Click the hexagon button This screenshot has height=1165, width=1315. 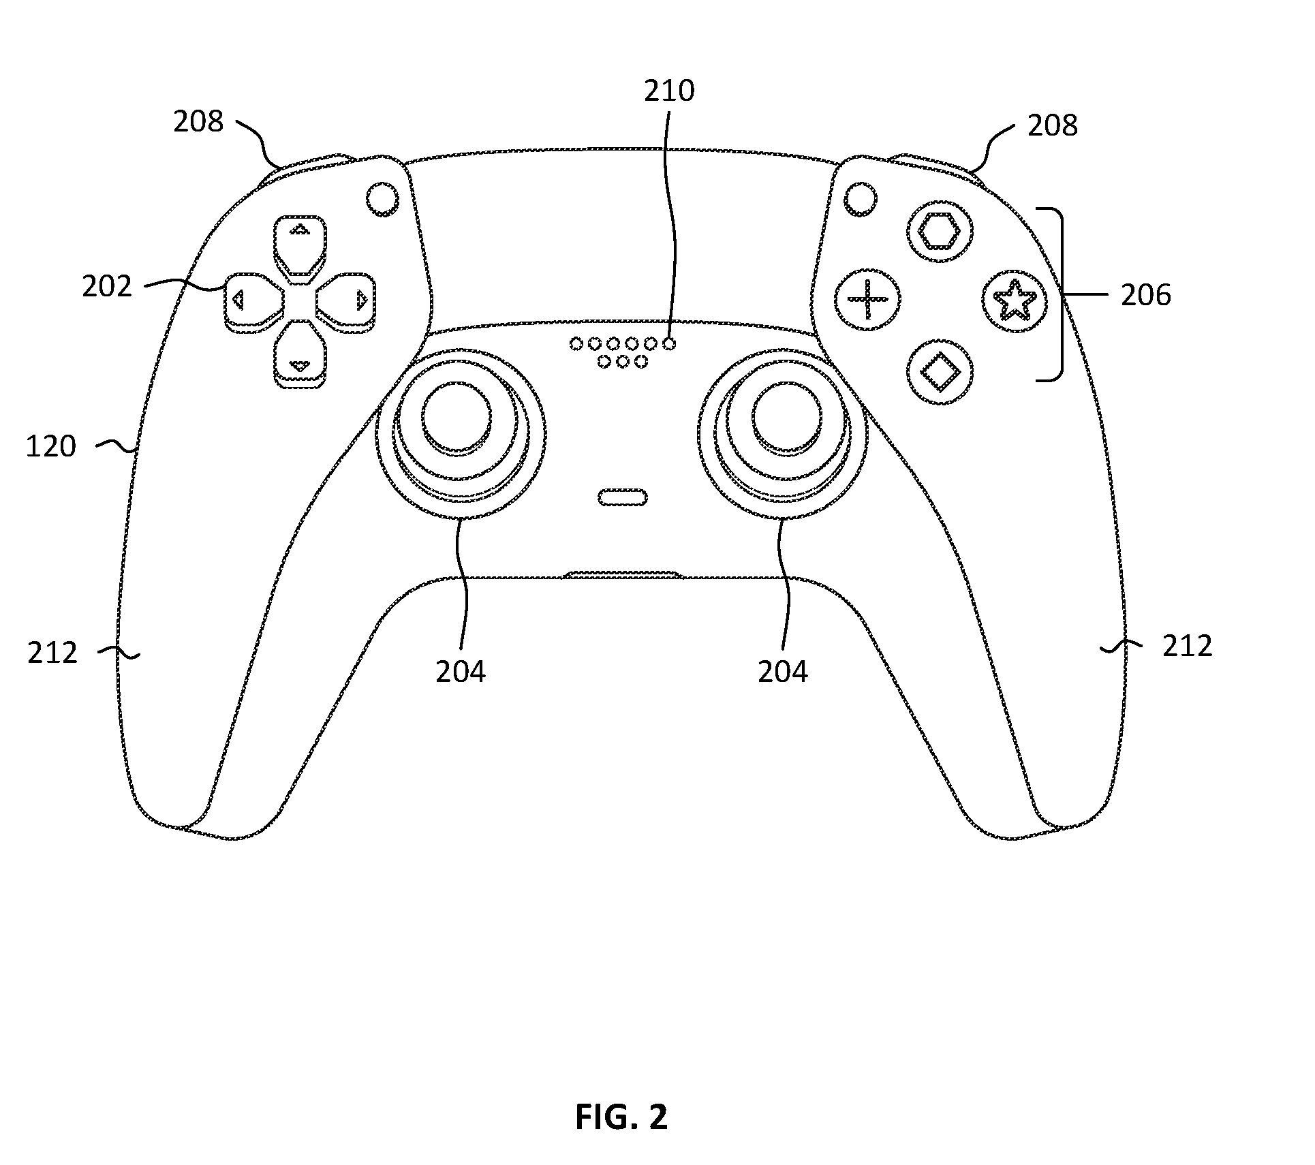940,233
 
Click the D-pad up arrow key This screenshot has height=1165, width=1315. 299,248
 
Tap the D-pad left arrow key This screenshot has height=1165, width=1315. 253,300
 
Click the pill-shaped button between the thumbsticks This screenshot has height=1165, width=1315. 622,498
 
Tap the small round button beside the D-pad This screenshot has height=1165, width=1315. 383,199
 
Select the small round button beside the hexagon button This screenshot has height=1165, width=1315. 860,199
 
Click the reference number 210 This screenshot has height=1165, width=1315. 669,91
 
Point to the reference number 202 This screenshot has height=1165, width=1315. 107,287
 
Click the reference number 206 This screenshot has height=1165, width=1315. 1146,295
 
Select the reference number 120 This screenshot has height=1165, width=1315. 51,446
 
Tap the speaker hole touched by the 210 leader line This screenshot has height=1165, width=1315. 670,344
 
